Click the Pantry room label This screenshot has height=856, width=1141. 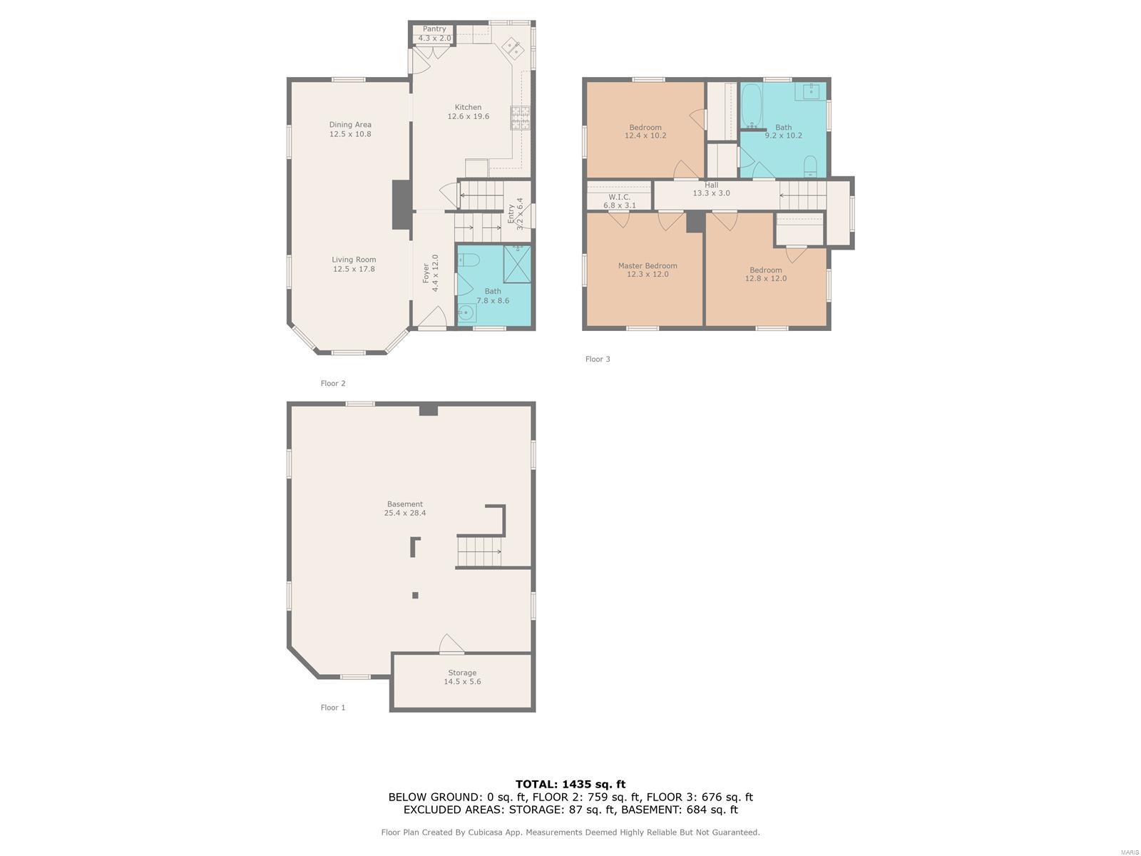(434, 34)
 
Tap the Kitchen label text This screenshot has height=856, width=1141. (468, 112)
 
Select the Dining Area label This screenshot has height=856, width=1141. (350, 129)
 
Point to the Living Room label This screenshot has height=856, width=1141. (354, 264)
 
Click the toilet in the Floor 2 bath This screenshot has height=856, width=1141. (469, 260)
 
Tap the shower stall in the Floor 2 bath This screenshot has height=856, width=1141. (517, 265)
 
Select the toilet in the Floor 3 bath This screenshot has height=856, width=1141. (810, 166)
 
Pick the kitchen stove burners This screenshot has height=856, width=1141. (521, 118)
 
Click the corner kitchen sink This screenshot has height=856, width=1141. (513, 49)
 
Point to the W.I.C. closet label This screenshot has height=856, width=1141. (619, 201)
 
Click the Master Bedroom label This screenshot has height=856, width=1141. (648, 270)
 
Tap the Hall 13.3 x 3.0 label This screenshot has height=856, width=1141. (711, 188)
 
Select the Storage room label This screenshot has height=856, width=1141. (462, 677)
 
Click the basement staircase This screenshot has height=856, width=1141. (479, 551)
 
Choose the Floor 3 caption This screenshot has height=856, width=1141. (598, 359)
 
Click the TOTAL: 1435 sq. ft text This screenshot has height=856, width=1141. (570, 784)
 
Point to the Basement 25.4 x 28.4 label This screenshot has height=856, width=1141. (405, 509)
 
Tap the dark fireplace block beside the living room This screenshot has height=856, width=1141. (401, 204)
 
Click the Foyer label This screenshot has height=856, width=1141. (431, 272)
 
